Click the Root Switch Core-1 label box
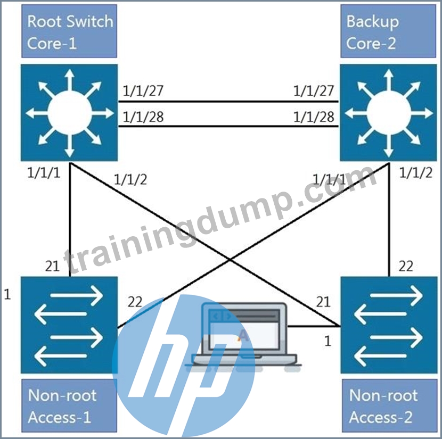pyautogui.click(x=69, y=31)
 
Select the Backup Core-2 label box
pyautogui.click(x=388, y=31)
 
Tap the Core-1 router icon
pyautogui.click(x=69, y=113)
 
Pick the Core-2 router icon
pyautogui.click(x=388, y=113)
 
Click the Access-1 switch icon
pyautogui.click(x=69, y=325)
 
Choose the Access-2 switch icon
pyautogui.click(x=389, y=325)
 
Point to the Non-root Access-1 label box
pyautogui.click(x=69, y=405)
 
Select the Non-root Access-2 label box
pyautogui.click(x=389, y=405)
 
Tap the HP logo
pyautogui.click(x=184, y=366)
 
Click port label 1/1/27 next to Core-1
pyautogui.click(x=143, y=90)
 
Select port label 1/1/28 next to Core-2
pyautogui.click(x=314, y=117)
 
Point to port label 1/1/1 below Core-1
pyautogui.click(x=44, y=172)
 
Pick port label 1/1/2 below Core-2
pyautogui.click(x=416, y=172)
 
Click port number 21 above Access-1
pyautogui.click(x=52, y=266)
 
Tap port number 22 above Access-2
pyautogui.click(x=406, y=266)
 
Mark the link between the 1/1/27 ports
pyautogui.click(x=228, y=102)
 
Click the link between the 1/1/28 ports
pyautogui.click(x=228, y=126)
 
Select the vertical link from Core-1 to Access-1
pyautogui.click(x=69, y=220)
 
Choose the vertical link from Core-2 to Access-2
pyautogui.click(x=389, y=220)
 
